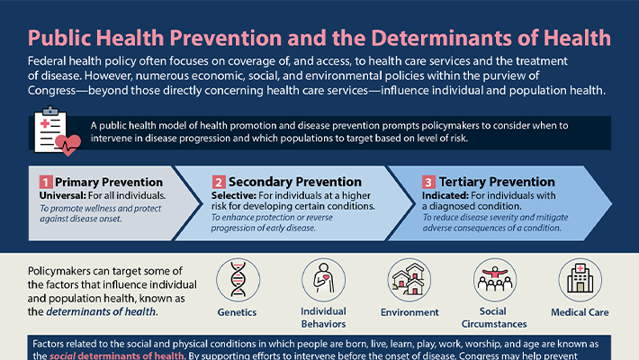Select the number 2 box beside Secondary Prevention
pos(219,183)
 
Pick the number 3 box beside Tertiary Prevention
pos(428,183)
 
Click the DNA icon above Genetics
pos(238,280)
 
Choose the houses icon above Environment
pos(409,280)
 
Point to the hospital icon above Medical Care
pos(580,280)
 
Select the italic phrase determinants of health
pos(105,311)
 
